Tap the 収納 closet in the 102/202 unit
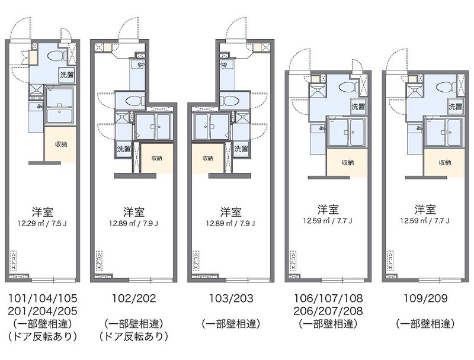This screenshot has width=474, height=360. [156, 158]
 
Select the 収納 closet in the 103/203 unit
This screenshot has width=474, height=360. [207, 158]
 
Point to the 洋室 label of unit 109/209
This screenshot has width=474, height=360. [426, 210]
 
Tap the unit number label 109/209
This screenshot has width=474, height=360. [425, 298]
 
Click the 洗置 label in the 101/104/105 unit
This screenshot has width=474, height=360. [66, 75]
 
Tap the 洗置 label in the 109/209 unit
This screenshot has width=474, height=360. [454, 107]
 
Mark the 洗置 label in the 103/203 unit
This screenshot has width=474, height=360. [241, 149]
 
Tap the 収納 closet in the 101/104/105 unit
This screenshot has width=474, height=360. [61, 144]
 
